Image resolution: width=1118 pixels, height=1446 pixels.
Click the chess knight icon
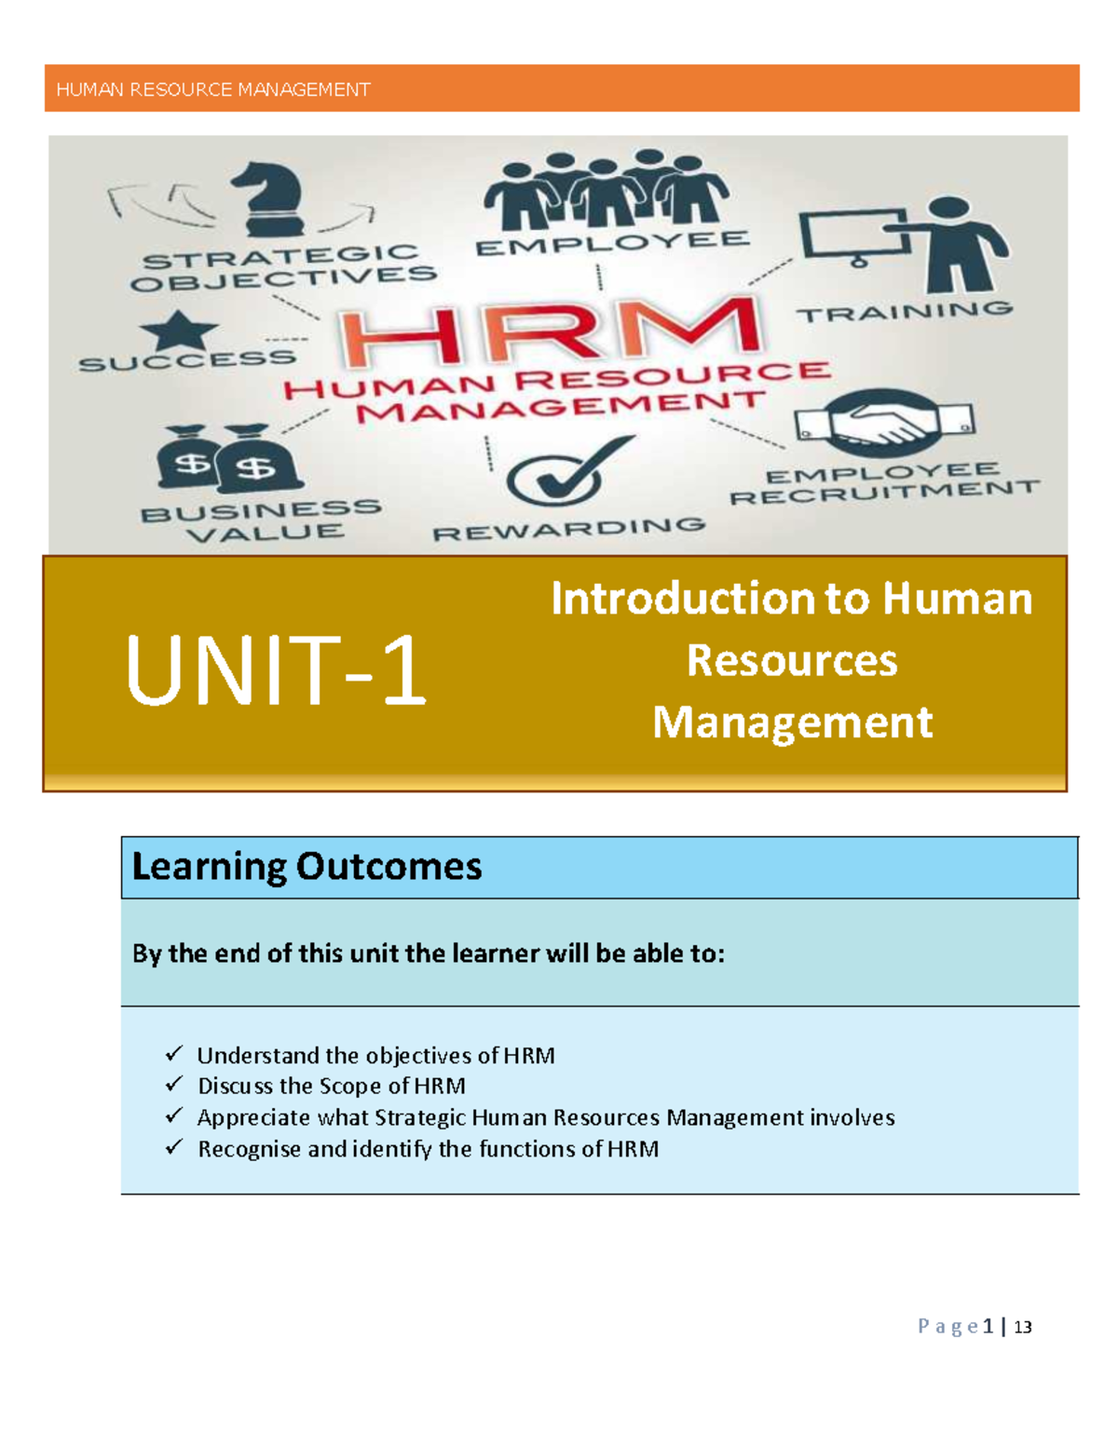point(270,197)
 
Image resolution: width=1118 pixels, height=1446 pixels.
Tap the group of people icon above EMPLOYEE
point(606,191)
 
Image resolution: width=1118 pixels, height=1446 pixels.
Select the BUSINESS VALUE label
point(262,520)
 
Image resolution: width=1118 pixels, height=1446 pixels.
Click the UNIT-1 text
point(276,671)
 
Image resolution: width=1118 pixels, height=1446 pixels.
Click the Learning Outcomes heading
point(307,867)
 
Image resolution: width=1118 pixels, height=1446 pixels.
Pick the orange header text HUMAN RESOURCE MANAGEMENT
point(213,89)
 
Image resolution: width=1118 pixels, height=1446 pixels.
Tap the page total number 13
point(1023,1327)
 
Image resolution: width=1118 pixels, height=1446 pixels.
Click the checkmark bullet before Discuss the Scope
point(174,1085)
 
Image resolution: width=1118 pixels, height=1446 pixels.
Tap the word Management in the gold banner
point(792,723)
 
